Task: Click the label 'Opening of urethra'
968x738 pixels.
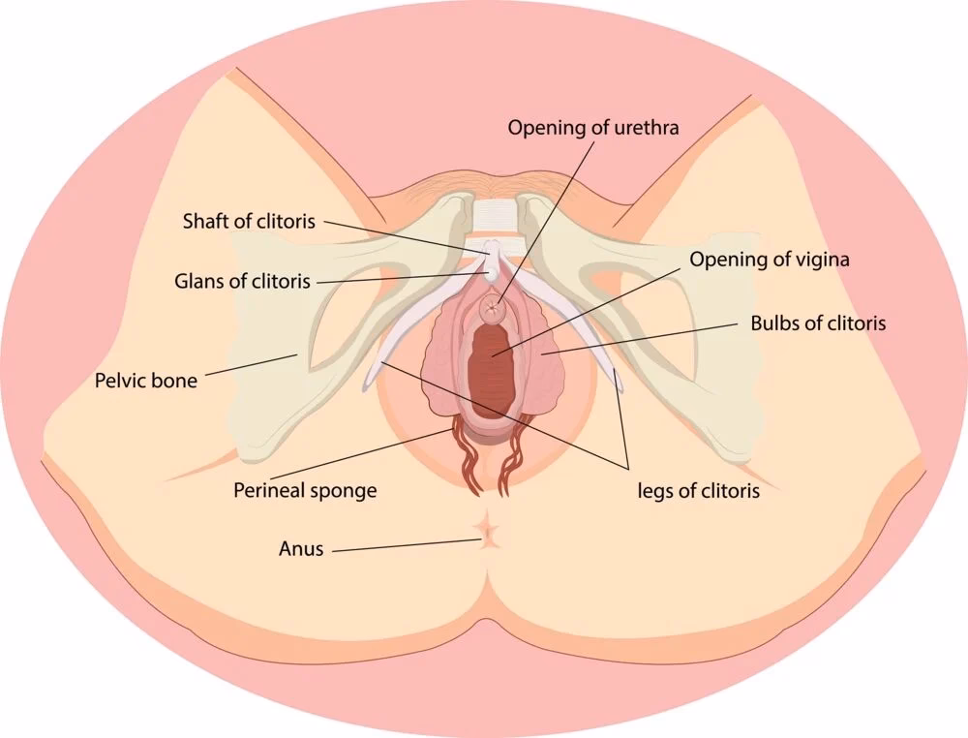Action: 593,127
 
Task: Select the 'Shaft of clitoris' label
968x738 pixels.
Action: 249,221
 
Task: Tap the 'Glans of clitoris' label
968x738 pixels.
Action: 242,281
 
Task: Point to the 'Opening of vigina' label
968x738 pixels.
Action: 770,260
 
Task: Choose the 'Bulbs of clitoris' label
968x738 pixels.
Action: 818,323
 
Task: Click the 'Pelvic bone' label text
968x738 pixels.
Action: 146,381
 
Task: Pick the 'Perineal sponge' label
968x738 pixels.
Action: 305,491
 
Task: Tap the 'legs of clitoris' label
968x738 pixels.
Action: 698,491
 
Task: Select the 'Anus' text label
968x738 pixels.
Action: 301,548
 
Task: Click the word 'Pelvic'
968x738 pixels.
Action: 120,381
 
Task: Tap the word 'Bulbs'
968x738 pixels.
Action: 771,323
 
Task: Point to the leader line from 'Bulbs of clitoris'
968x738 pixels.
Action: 639,338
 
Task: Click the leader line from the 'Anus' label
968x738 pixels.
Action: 408,546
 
